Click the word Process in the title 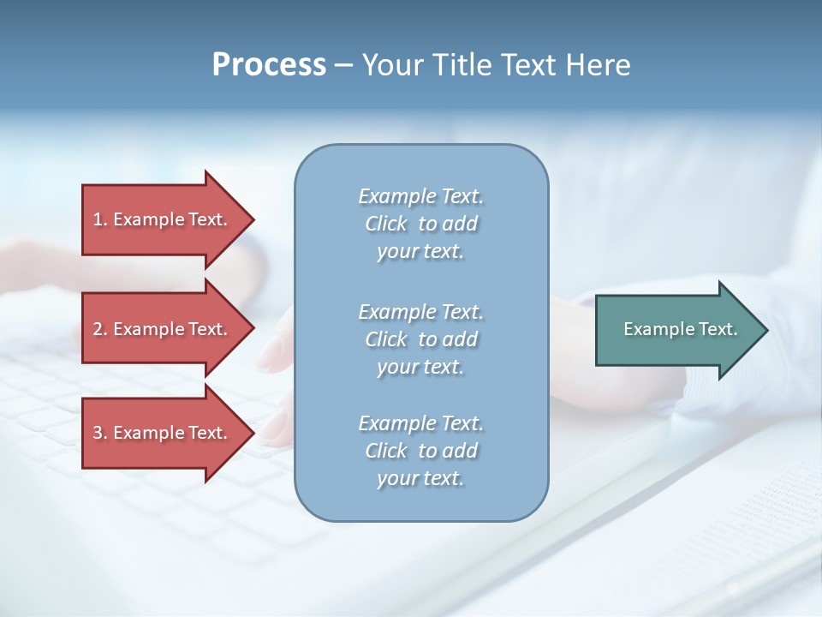[269, 65]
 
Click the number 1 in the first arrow [97, 219]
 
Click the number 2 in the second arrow [97, 329]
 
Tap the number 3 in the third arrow [97, 433]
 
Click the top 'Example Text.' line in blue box [420, 197]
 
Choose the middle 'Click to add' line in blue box [420, 339]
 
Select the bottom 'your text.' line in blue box [420, 479]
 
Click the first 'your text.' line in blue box [420, 252]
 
